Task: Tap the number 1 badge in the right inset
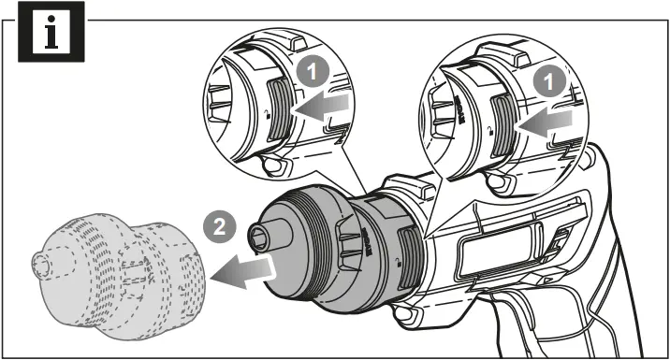click(x=552, y=82)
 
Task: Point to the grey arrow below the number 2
click(x=245, y=269)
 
